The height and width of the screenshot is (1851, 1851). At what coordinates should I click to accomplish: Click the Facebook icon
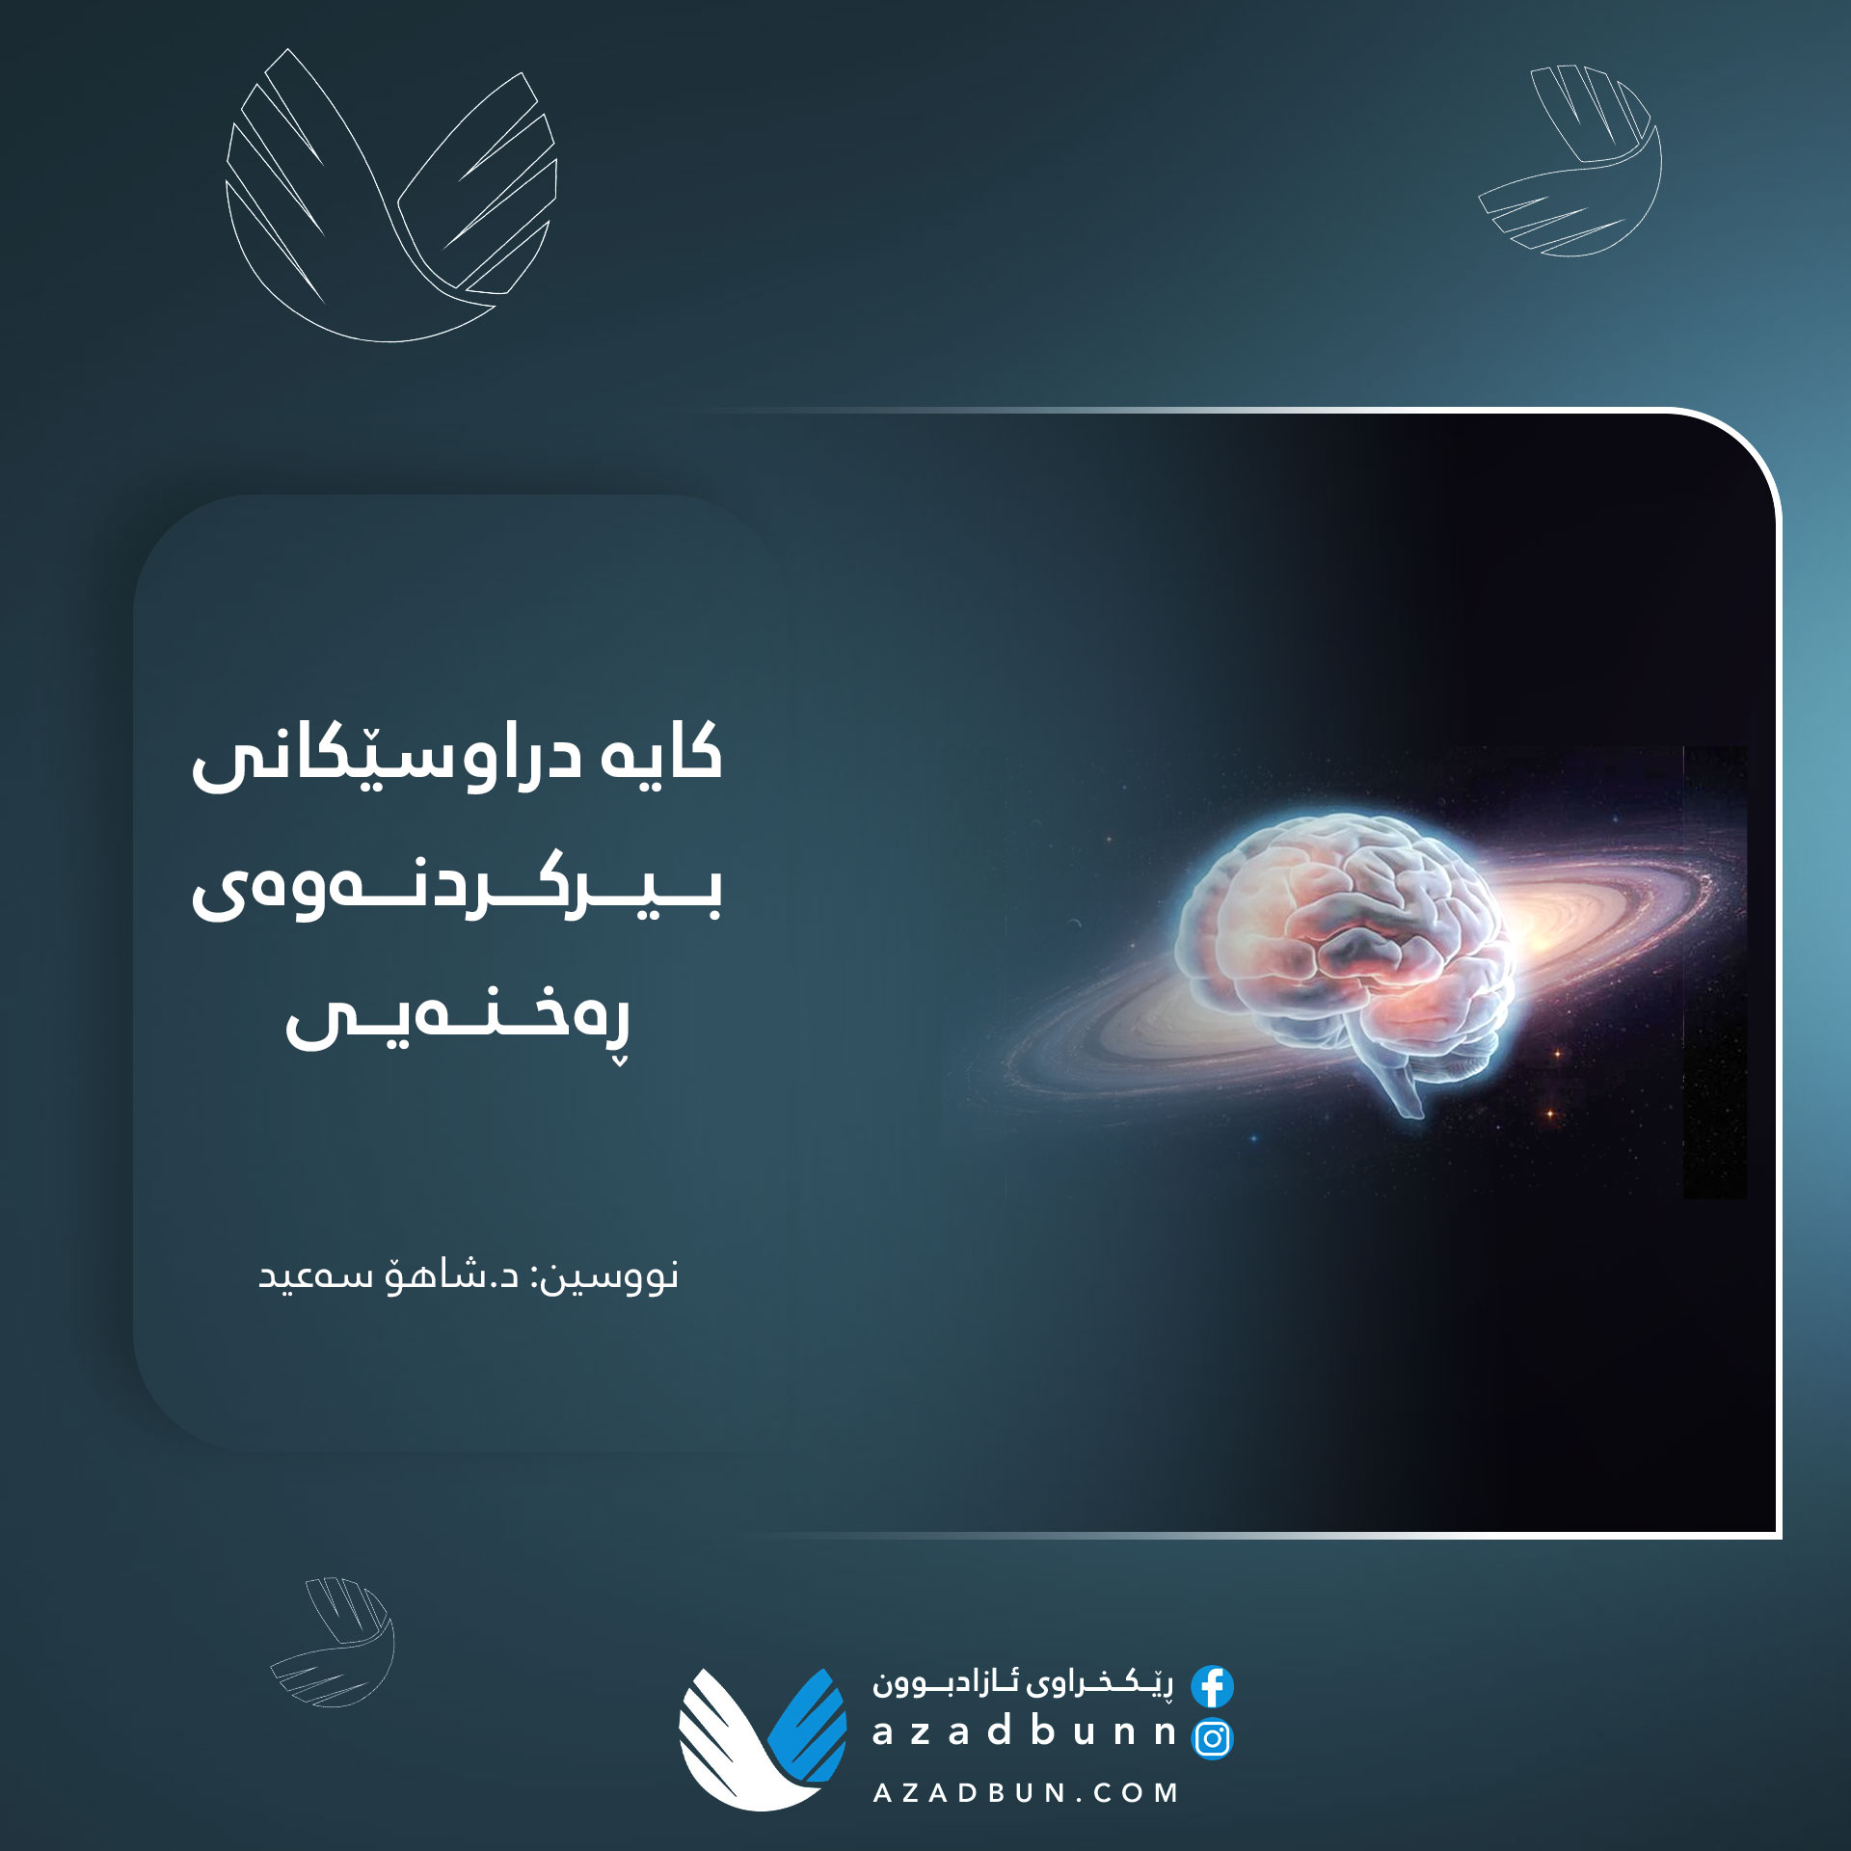click(1212, 1686)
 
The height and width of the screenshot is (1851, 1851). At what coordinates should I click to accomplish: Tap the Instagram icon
click(1213, 1738)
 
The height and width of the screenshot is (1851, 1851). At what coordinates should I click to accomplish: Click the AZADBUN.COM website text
click(1026, 1793)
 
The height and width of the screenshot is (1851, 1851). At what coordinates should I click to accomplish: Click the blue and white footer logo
click(763, 1738)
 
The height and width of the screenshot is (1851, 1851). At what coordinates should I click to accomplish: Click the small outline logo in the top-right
click(1570, 160)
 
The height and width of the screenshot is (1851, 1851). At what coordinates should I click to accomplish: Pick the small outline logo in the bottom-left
click(333, 1642)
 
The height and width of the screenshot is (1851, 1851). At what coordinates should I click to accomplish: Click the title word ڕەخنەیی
click(458, 1018)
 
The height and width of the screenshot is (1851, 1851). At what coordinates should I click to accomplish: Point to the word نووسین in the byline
click(607, 1276)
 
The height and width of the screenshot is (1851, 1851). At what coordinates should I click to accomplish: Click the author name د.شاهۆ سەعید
click(389, 1274)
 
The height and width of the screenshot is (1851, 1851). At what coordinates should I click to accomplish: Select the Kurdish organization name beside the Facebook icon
click(1023, 1683)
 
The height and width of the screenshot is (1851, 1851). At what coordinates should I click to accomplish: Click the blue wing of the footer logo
click(809, 1727)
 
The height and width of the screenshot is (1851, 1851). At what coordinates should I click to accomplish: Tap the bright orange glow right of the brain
click(1542, 930)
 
